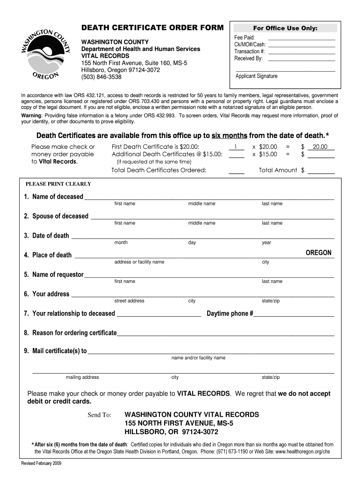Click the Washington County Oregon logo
click(45, 51)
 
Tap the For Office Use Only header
click(285, 28)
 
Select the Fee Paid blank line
click(302, 37)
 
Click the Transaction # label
click(250, 51)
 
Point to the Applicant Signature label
click(256, 76)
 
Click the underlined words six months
click(229, 136)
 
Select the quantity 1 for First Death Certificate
click(237, 147)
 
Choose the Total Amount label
click(278, 170)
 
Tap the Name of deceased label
click(53, 196)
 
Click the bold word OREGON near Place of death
click(318, 253)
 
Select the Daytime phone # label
click(230, 313)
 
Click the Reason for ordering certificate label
click(70, 333)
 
